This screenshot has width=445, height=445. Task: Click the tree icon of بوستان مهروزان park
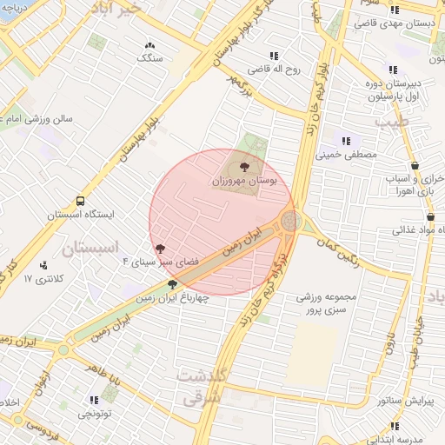(x=244, y=166)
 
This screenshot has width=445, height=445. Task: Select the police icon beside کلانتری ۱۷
(x=43, y=265)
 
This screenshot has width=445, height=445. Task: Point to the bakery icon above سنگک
(x=149, y=44)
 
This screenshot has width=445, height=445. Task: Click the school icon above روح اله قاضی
(x=275, y=54)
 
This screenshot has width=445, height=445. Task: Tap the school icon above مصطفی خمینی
(x=346, y=140)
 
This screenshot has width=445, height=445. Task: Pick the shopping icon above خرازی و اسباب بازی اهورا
(x=415, y=165)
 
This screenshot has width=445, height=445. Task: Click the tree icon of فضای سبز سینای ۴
(x=158, y=249)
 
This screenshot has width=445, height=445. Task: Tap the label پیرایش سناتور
(x=385, y=401)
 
